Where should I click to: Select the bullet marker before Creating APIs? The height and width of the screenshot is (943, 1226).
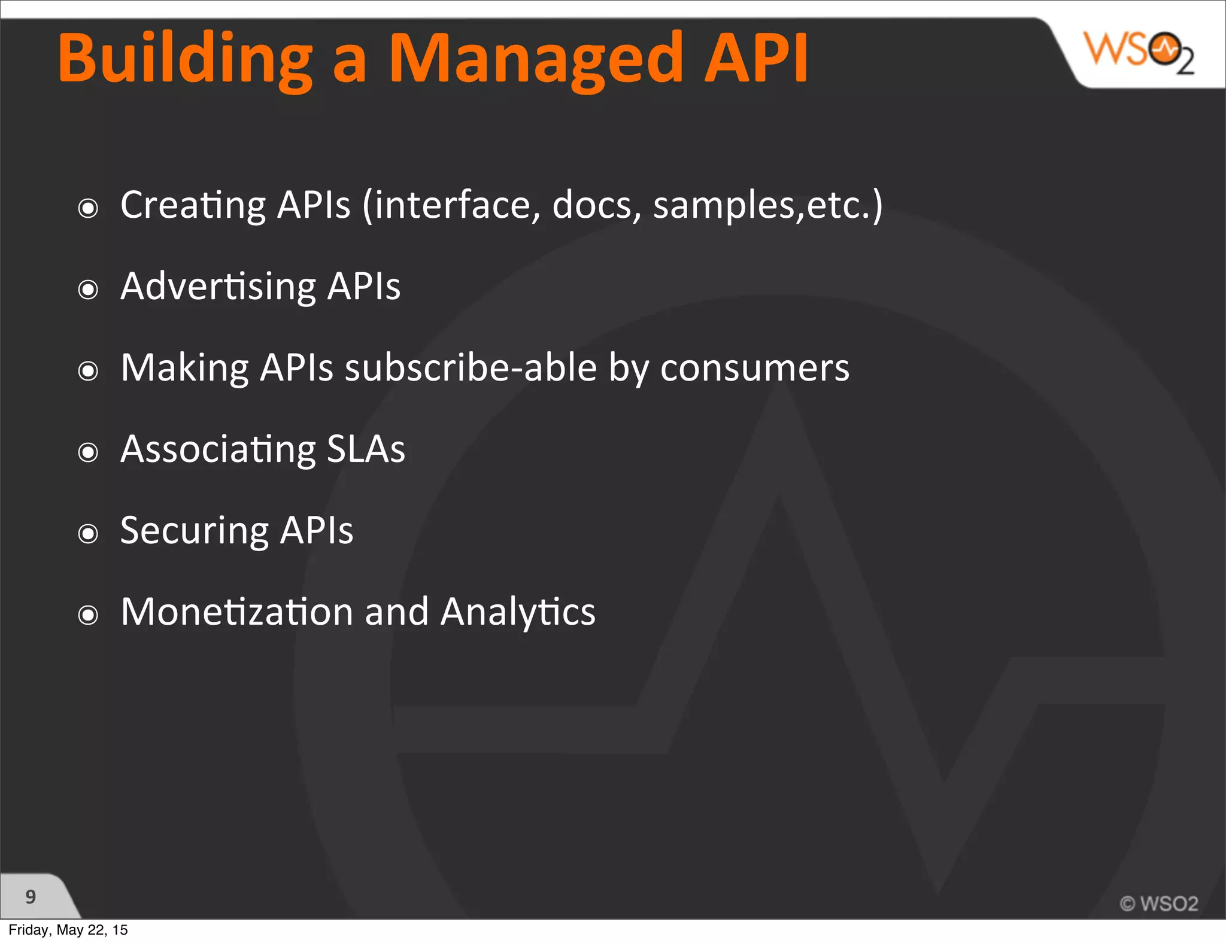pyautogui.click(x=88, y=208)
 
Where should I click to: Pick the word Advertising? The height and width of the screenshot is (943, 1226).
pyautogui.click(x=218, y=287)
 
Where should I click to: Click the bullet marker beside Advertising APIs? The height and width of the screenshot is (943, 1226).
pyautogui.click(x=88, y=290)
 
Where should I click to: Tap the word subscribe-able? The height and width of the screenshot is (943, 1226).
pyautogui.click(x=471, y=367)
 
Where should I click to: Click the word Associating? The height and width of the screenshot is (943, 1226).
pyautogui.click(x=218, y=449)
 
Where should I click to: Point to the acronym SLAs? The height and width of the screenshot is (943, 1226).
pyautogui.click(x=366, y=449)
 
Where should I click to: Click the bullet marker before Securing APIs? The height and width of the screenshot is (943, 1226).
pyautogui.click(x=88, y=533)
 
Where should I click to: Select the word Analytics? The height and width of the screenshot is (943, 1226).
pyautogui.click(x=518, y=612)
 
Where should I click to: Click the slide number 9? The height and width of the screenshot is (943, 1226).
pyautogui.click(x=31, y=896)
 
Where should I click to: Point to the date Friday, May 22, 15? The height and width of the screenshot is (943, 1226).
pyautogui.click(x=68, y=930)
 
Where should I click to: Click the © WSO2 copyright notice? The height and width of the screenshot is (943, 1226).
pyautogui.click(x=1159, y=903)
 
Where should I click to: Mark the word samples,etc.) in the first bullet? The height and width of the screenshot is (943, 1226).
pyautogui.click(x=767, y=205)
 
